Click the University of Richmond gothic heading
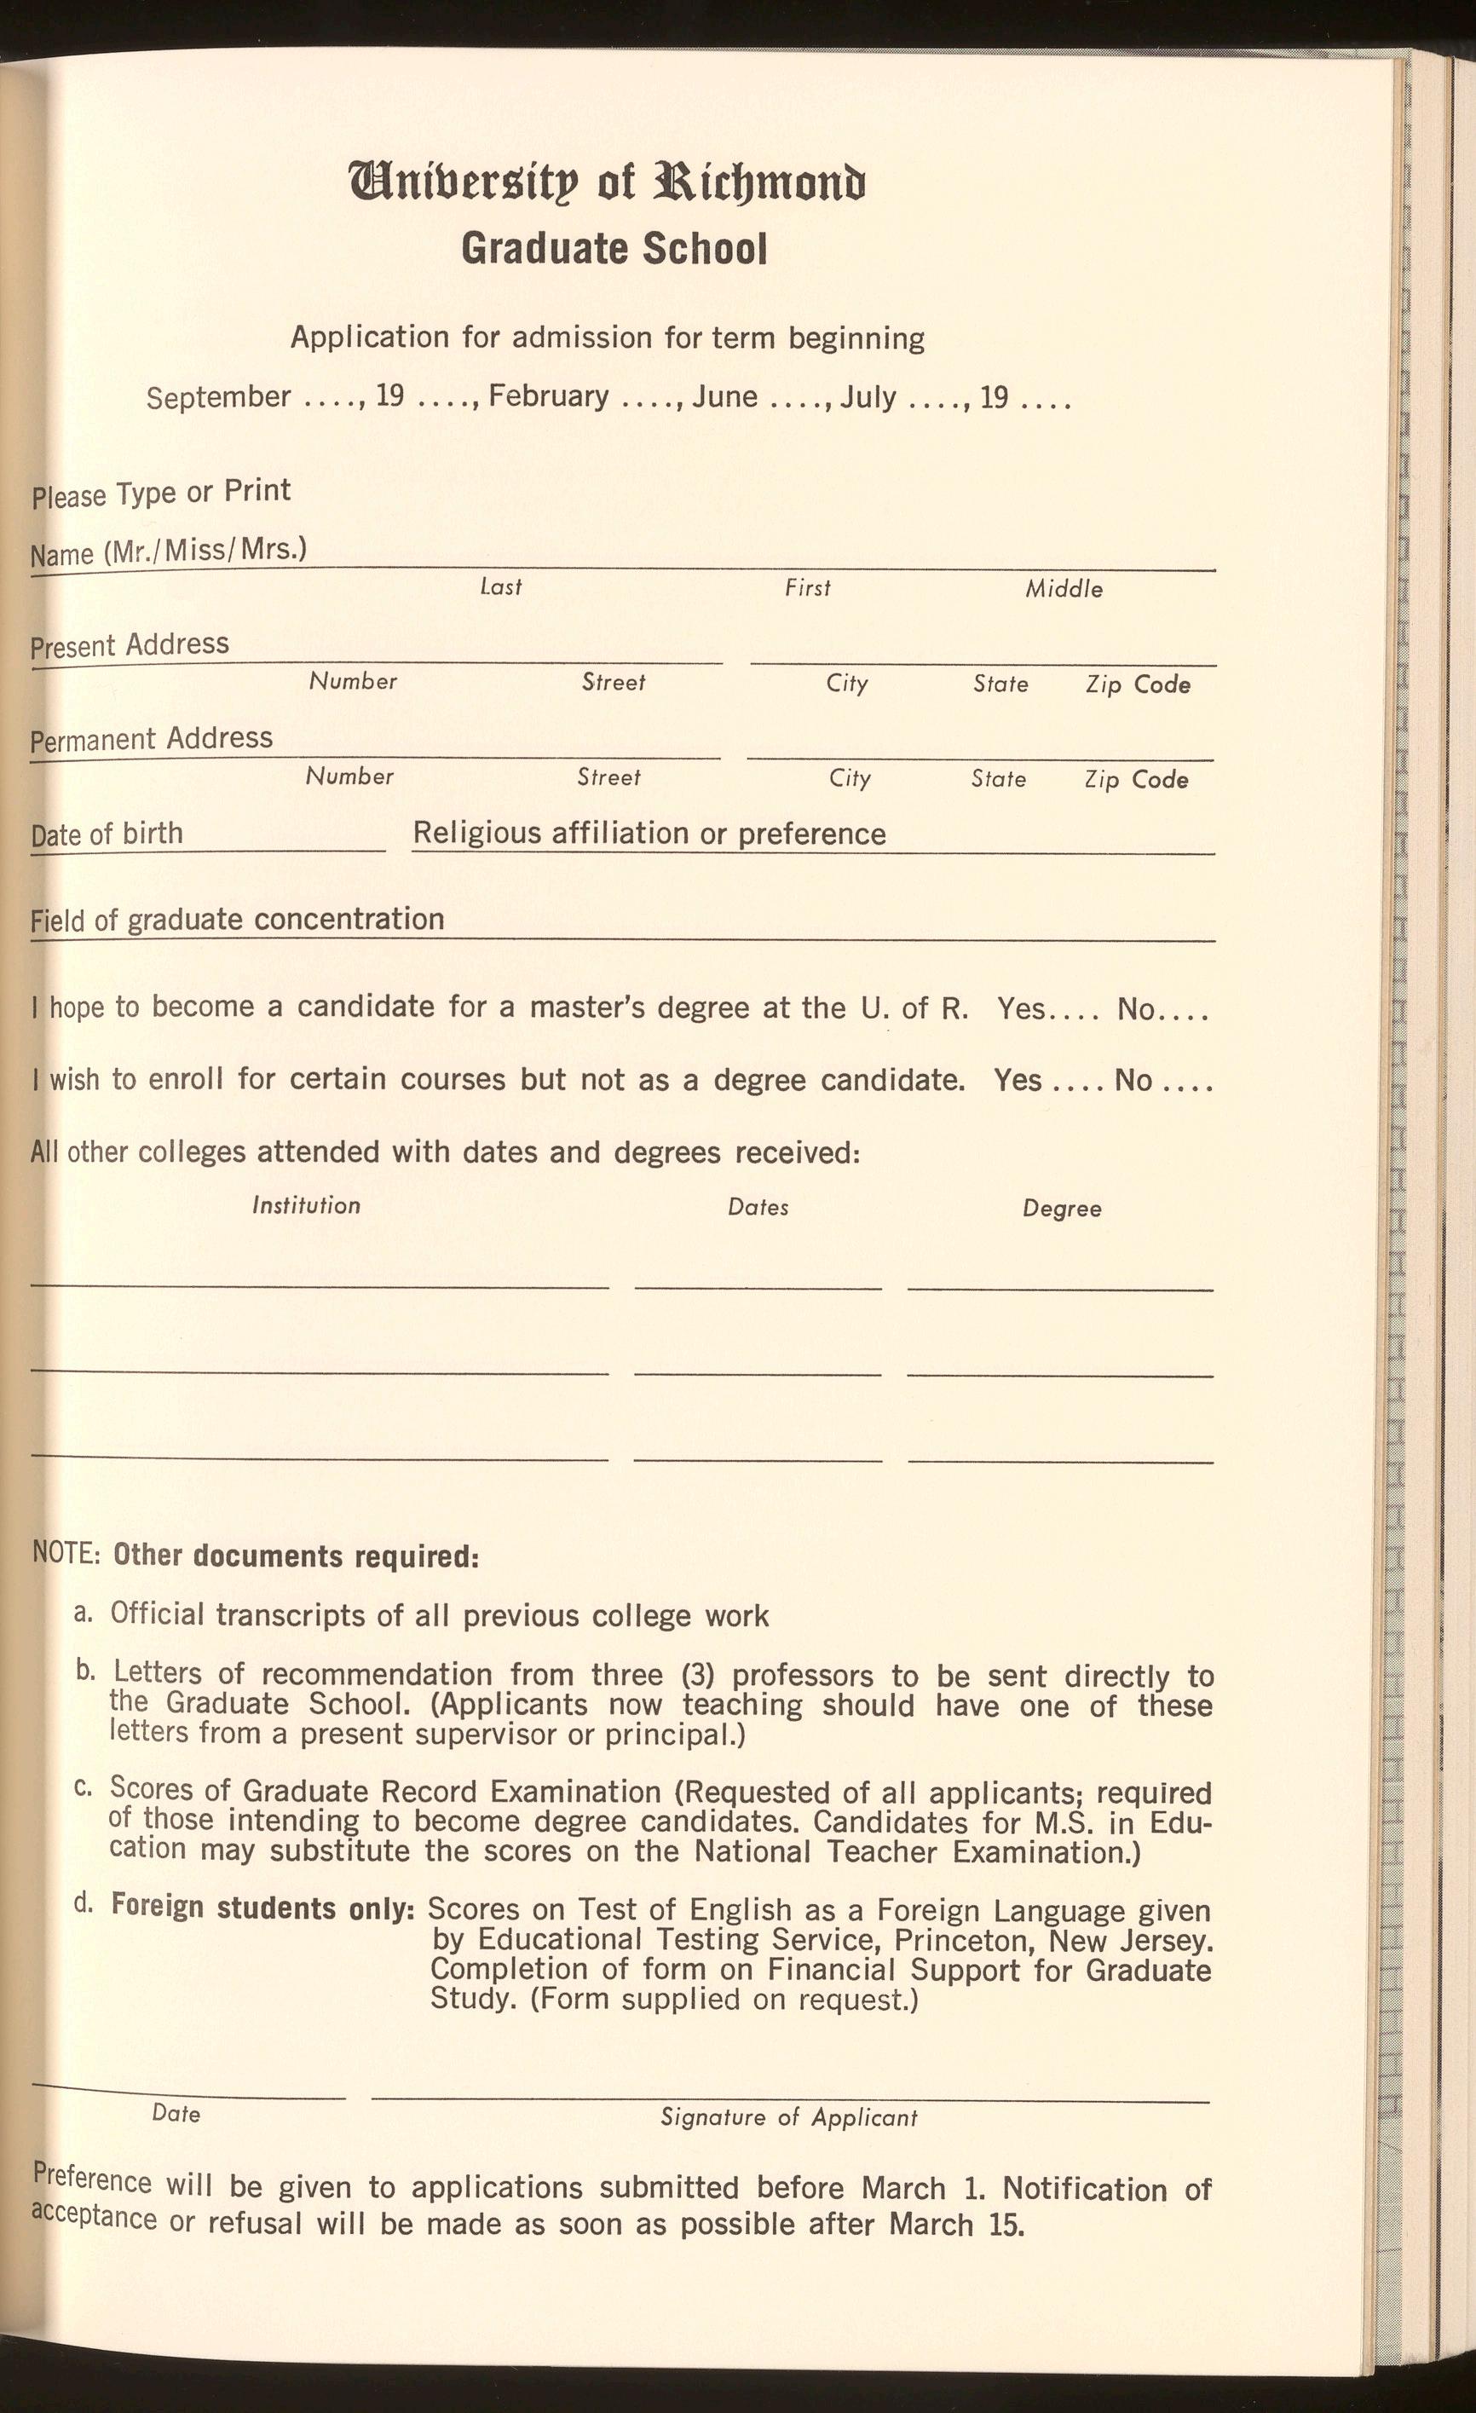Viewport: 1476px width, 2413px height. (x=608, y=184)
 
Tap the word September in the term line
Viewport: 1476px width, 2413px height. (x=218, y=397)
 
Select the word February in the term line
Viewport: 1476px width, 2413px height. (x=549, y=396)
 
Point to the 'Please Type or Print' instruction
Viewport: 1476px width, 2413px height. (x=160, y=493)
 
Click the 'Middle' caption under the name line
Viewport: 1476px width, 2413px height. (x=1064, y=590)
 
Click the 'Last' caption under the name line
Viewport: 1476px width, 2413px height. (x=500, y=587)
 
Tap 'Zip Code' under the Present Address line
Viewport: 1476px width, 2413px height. (x=1137, y=684)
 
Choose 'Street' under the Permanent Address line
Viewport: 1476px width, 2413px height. (x=608, y=777)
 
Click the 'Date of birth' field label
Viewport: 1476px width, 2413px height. (x=107, y=834)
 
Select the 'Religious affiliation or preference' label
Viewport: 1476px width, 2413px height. (x=649, y=834)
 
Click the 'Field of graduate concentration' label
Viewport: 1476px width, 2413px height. (x=237, y=921)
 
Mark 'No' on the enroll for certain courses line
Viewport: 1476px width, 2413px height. (x=1133, y=1080)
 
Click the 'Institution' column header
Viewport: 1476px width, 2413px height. (x=306, y=1205)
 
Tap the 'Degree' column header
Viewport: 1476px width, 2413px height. (x=1062, y=1209)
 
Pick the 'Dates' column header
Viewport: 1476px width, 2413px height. (x=758, y=1208)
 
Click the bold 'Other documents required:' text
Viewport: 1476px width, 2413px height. (x=296, y=1556)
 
